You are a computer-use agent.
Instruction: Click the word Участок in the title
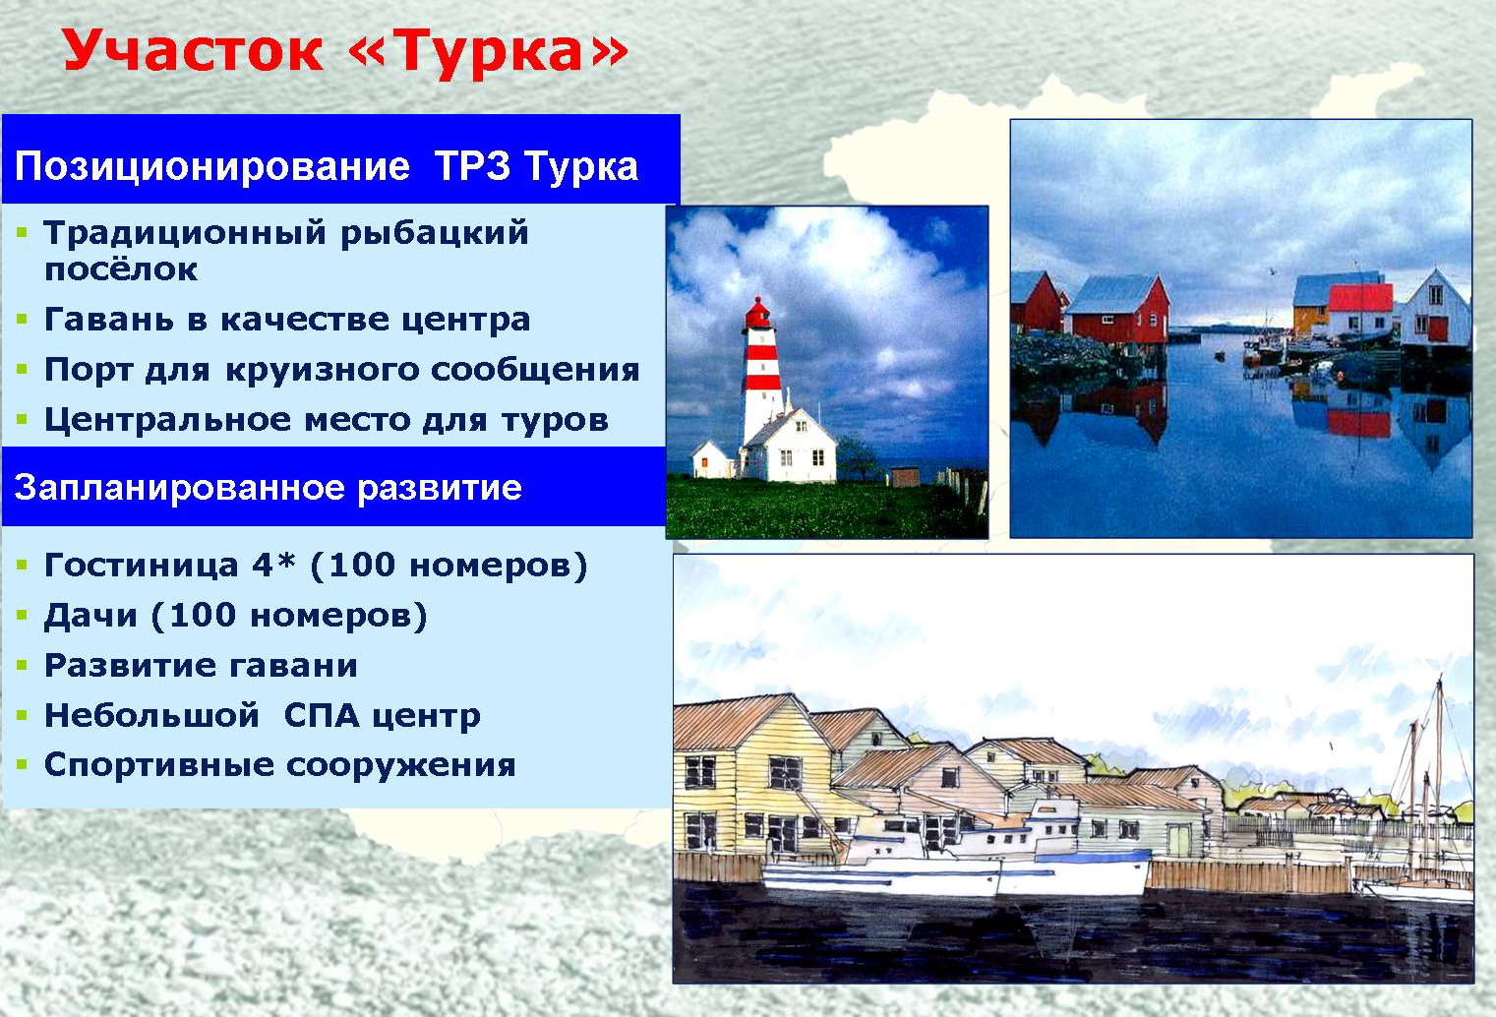click(x=193, y=51)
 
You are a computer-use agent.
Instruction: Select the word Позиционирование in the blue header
click(x=212, y=167)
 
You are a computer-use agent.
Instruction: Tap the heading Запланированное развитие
click(x=268, y=488)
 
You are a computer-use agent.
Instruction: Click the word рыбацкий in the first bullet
click(x=435, y=234)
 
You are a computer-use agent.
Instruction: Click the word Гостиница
click(x=142, y=566)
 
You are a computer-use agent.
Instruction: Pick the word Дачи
click(x=90, y=616)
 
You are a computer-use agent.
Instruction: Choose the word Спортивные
click(x=159, y=766)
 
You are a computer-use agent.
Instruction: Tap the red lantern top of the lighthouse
click(x=756, y=313)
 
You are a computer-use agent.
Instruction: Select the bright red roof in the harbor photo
click(x=1360, y=298)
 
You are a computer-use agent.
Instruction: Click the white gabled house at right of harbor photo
click(x=1435, y=310)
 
